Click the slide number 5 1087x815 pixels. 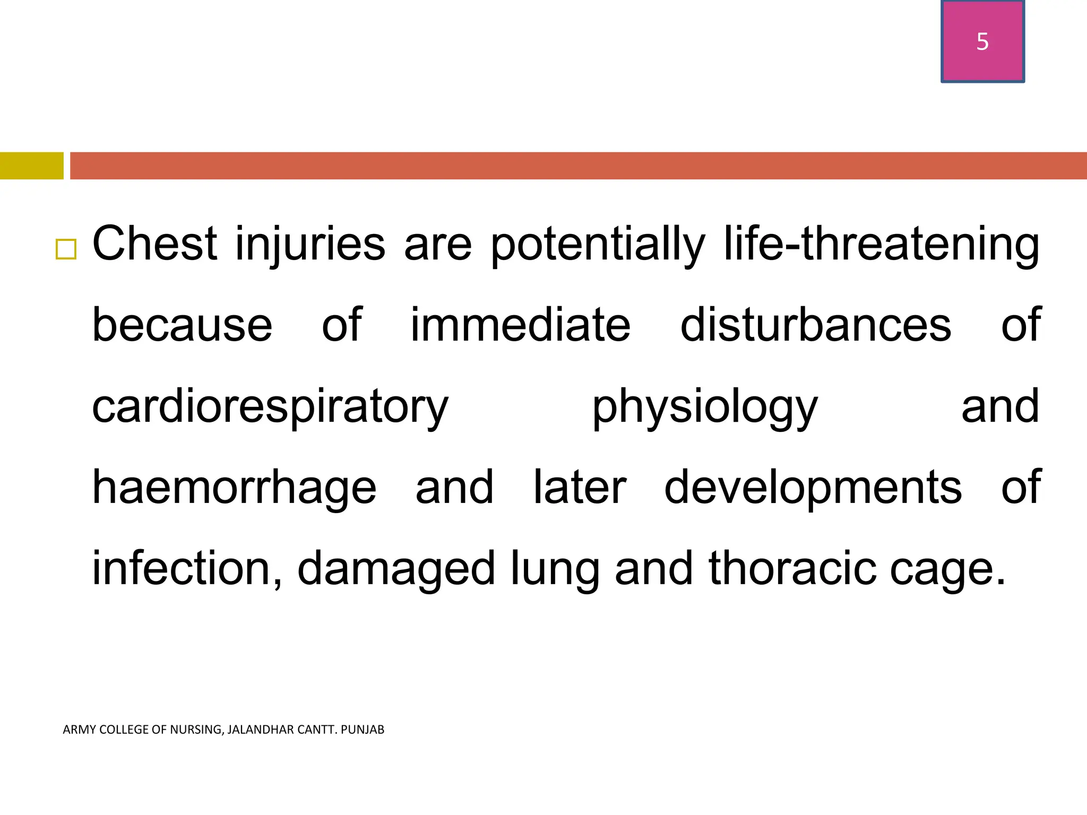pos(982,41)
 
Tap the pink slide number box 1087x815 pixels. pos(982,58)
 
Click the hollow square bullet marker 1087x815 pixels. pos(66,249)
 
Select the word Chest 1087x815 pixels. pos(154,244)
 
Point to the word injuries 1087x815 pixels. pos(309,245)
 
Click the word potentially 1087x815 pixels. pos(598,245)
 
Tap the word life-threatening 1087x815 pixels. pos(881,245)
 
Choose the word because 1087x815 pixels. pos(182,325)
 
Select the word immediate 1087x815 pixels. pos(520,325)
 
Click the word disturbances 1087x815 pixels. pos(816,325)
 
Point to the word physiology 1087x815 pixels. pos(704,407)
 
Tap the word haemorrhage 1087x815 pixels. pos(234,488)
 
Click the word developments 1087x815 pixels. pos(813,488)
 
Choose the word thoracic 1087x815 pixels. pos(792,568)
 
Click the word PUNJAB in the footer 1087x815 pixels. pos(363,730)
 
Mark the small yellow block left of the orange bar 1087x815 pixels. pos(31,166)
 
